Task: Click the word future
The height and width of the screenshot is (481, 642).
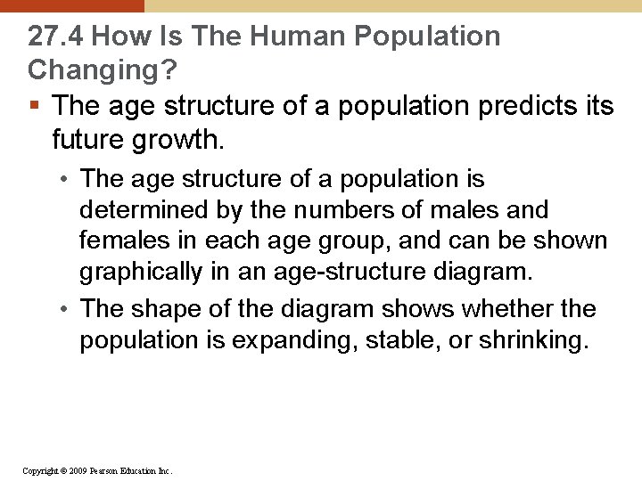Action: point(88,139)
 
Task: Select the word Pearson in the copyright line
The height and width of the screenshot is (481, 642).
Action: point(110,469)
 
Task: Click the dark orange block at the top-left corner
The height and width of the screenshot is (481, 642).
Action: point(71,5)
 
